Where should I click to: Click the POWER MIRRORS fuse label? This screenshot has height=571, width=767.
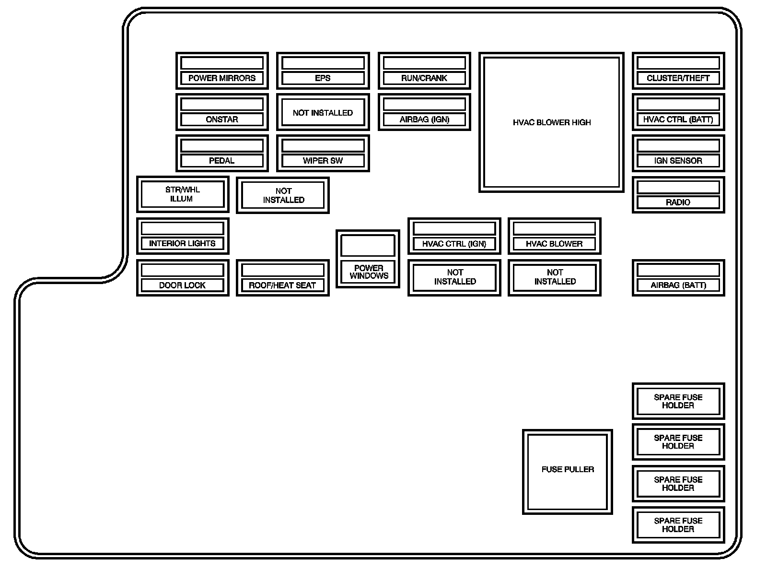click(222, 78)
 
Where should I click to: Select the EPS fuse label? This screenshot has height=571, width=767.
click(323, 78)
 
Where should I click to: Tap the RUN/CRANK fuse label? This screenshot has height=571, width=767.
click(424, 78)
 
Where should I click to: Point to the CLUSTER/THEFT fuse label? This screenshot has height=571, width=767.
click(678, 78)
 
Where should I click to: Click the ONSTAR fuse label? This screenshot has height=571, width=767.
click(222, 119)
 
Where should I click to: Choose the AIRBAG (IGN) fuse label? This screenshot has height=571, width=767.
click(424, 119)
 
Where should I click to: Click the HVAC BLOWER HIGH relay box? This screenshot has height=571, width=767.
click(551, 122)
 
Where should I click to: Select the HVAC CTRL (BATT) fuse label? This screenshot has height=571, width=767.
click(678, 119)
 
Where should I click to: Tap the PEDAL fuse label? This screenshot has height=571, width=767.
click(222, 161)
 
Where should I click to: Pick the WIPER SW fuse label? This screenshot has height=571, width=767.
click(323, 161)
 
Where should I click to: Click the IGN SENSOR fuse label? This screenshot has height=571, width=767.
click(678, 161)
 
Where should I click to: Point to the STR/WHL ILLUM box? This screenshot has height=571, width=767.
click(182, 194)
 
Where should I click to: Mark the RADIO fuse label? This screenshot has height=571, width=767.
click(678, 202)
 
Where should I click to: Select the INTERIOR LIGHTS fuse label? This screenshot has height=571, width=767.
click(182, 244)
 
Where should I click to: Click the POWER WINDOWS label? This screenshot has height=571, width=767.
click(368, 272)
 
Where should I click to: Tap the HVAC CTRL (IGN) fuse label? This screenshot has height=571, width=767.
click(454, 244)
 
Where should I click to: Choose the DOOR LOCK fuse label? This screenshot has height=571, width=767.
click(182, 285)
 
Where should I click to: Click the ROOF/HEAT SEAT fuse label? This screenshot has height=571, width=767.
click(282, 285)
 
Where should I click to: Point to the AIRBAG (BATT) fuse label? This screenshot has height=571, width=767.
click(678, 285)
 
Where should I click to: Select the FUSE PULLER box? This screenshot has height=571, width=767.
click(568, 470)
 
